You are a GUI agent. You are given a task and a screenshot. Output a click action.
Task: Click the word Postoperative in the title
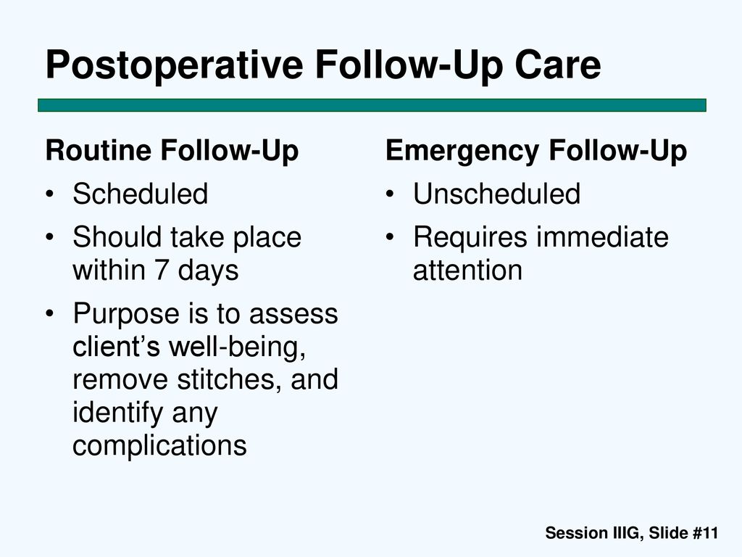[174, 66]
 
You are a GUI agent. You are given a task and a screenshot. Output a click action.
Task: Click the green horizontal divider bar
[372, 105]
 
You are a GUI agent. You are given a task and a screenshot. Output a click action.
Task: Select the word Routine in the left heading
[98, 150]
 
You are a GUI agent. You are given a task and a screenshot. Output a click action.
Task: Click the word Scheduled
[140, 193]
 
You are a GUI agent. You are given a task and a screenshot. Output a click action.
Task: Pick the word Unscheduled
[496, 193]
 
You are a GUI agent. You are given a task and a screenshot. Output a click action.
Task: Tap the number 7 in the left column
[162, 270]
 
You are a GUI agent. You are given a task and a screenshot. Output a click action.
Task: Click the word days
[208, 271]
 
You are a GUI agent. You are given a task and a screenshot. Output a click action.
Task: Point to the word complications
[159, 446]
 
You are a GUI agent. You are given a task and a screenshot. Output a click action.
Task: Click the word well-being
[237, 347]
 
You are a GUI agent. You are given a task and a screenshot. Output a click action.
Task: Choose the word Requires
[470, 237]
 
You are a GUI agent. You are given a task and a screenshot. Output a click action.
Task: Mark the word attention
[467, 271]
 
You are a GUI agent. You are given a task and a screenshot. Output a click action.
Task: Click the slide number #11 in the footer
[705, 533]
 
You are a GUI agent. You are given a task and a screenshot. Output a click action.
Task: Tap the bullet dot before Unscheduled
[389, 194]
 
